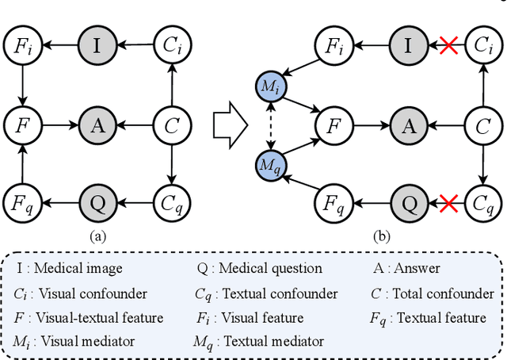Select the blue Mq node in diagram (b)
[271, 166]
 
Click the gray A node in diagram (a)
[97, 124]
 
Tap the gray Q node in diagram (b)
[409, 203]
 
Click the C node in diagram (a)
[172, 124]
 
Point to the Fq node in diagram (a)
[23, 203]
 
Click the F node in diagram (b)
[334, 124]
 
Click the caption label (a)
[97, 234]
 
